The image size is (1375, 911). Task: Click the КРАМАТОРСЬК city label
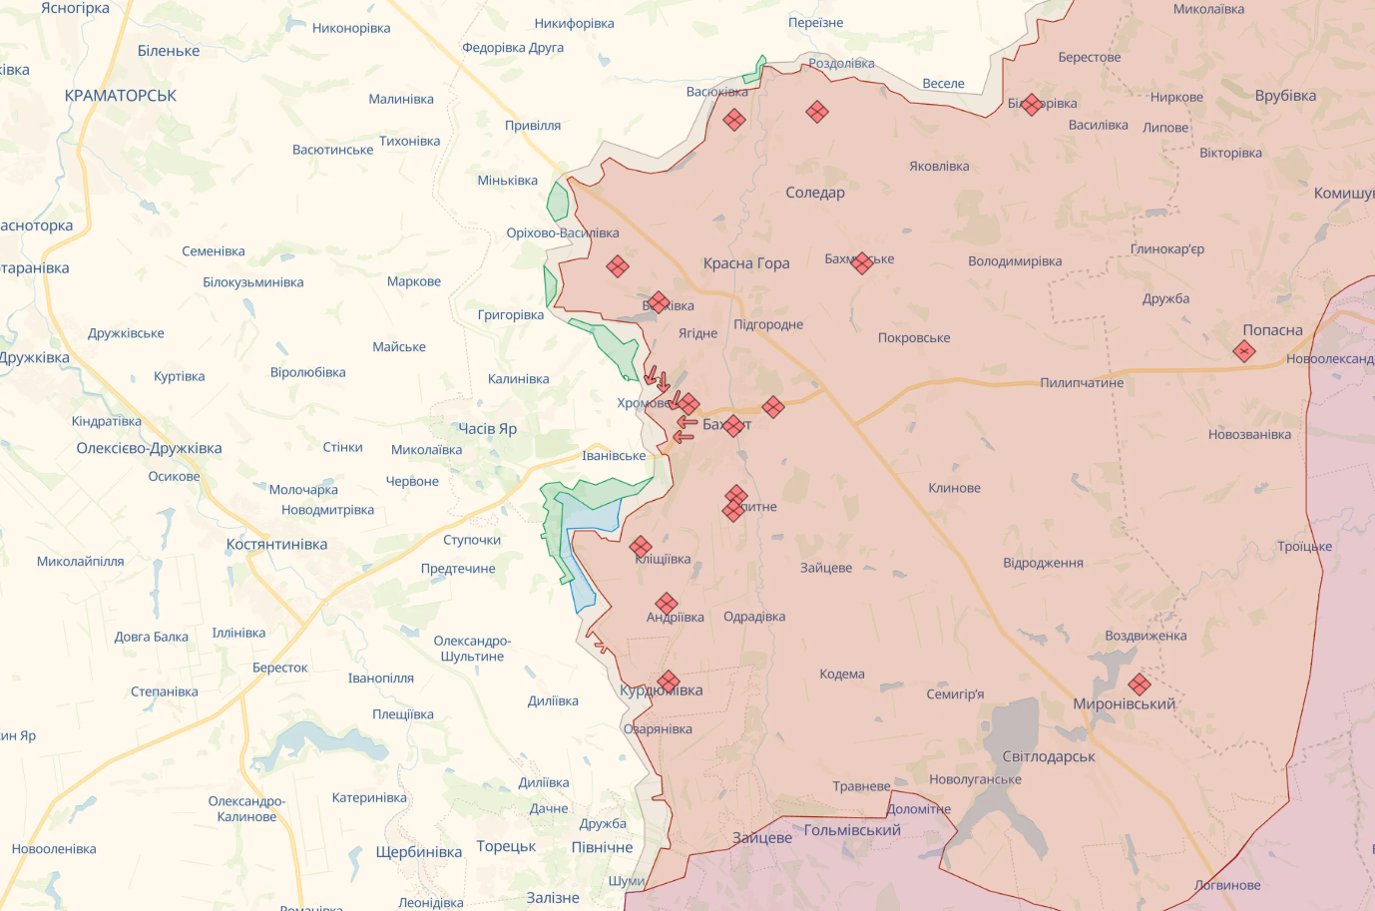click(x=121, y=96)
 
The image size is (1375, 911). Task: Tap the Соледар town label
click(x=815, y=193)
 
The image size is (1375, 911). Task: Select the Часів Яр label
click(x=487, y=429)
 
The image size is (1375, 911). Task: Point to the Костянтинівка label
click(x=276, y=545)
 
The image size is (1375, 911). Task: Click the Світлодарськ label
click(x=1049, y=756)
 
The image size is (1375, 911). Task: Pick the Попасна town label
click(x=1272, y=330)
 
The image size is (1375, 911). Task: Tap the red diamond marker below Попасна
click(x=1243, y=351)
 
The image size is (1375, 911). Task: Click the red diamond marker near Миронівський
click(x=1139, y=684)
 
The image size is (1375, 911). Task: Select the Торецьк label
click(x=506, y=846)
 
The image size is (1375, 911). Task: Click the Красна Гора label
click(x=746, y=263)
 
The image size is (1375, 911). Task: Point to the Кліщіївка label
click(x=664, y=560)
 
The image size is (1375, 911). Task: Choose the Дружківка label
click(x=34, y=358)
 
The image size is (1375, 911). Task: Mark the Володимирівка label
click(x=1015, y=261)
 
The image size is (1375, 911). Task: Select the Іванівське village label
click(x=614, y=456)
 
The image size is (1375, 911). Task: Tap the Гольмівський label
click(x=852, y=830)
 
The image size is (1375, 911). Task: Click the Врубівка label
click(x=1285, y=96)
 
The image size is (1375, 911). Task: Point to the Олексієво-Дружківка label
click(x=149, y=448)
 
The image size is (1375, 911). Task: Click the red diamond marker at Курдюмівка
click(x=669, y=682)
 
